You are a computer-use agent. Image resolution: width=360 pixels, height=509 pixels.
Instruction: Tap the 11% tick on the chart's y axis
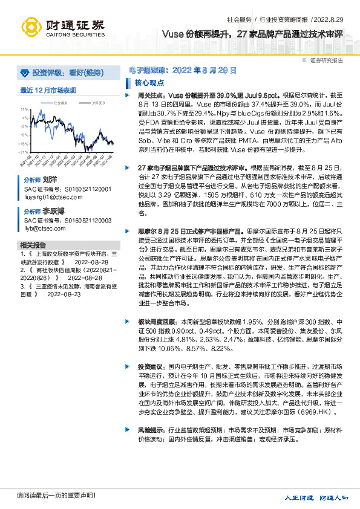(x=24, y=109)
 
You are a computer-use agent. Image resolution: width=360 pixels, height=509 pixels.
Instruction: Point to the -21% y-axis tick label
(x=24, y=152)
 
